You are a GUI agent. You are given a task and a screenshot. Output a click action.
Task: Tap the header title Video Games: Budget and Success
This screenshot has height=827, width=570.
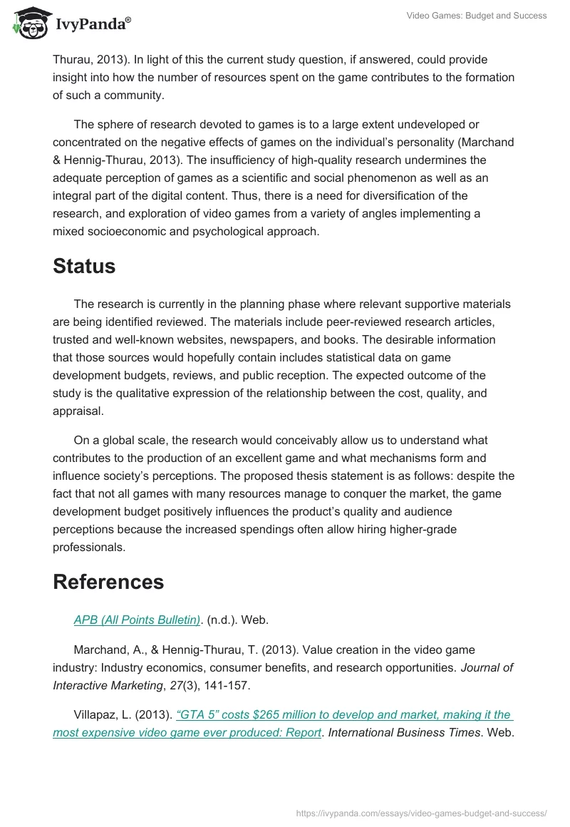tap(477, 16)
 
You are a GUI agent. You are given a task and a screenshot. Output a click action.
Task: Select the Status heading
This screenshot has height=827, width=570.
tap(84, 266)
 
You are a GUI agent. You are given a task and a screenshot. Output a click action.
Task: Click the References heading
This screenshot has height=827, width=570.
tap(108, 582)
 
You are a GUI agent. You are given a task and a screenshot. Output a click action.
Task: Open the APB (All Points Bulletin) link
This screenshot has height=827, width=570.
tap(137, 620)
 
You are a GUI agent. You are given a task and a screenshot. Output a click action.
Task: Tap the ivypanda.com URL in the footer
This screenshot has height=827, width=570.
tap(421, 812)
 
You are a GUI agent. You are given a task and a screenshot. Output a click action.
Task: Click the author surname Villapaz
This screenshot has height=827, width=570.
tap(97, 714)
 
